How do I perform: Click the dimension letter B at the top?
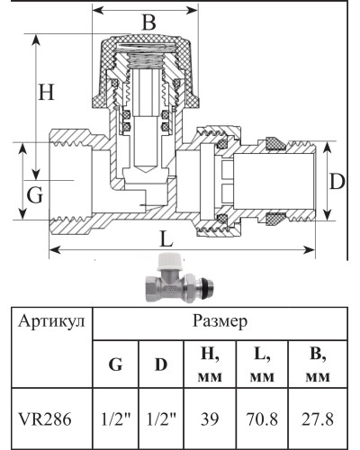click(150, 22)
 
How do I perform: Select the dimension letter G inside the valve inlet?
click(34, 194)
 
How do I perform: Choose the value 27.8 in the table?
click(315, 418)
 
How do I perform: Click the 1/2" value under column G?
click(115, 418)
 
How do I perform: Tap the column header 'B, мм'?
click(315, 364)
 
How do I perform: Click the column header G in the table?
click(115, 364)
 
